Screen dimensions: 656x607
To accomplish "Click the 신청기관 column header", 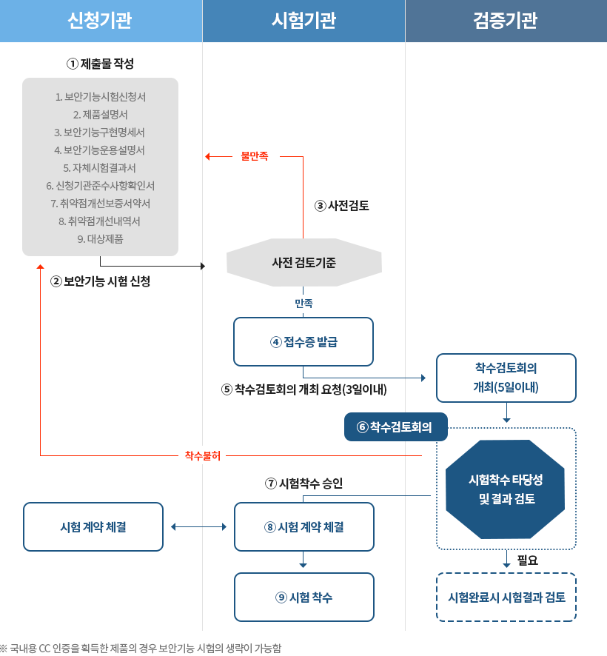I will pyautogui.click(x=101, y=21).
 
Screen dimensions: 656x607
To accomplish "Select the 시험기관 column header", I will pyautogui.click(x=303, y=21).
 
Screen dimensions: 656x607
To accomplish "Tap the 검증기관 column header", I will pyautogui.click(x=506, y=21).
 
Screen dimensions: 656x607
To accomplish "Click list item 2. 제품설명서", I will pyautogui.click(x=101, y=114).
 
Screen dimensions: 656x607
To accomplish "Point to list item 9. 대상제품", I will pyautogui.click(x=101, y=238).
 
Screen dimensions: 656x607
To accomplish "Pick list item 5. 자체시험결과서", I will pyautogui.click(x=101, y=167).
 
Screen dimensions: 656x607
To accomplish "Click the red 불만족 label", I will pyautogui.click(x=255, y=156).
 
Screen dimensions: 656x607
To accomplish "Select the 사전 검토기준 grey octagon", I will pyautogui.click(x=303, y=261).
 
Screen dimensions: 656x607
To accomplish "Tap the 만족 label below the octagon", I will pyautogui.click(x=303, y=303).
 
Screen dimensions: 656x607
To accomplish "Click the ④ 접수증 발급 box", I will pyautogui.click(x=303, y=341).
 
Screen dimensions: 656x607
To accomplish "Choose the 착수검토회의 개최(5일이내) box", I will pyautogui.click(x=506, y=378).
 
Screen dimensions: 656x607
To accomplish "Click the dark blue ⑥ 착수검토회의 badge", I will pyautogui.click(x=396, y=426).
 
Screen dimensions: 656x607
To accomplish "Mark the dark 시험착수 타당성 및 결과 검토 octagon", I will pyautogui.click(x=506, y=489).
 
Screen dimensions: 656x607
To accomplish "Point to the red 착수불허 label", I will pyautogui.click(x=202, y=455).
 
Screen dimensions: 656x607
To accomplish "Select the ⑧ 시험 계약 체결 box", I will pyautogui.click(x=303, y=526).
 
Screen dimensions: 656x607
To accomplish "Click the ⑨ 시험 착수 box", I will pyautogui.click(x=303, y=597).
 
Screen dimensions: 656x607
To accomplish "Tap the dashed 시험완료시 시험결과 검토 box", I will pyautogui.click(x=506, y=597).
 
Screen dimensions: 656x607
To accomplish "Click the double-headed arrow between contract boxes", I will pyautogui.click(x=198, y=526).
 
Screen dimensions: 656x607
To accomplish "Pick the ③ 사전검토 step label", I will pyautogui.click(x=342, y=206).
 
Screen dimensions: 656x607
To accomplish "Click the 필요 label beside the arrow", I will pyautogui.click(x=527, y=560).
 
